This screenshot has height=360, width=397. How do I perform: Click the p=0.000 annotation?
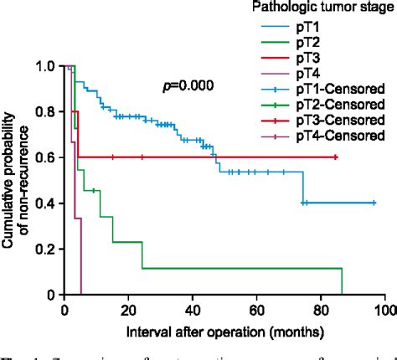[x=188, y=85]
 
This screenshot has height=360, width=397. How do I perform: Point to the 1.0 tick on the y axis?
[x=49, y=66]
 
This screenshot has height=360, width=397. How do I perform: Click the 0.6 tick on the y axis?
[x=49, y=157]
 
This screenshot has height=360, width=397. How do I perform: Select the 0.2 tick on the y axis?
[x=49, y=249]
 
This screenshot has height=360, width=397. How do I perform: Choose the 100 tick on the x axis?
[x=384, y=308]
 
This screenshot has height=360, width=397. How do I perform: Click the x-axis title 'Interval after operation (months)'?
[x=225, y=332]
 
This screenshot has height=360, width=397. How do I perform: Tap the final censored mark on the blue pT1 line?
[x=374, y=203]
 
